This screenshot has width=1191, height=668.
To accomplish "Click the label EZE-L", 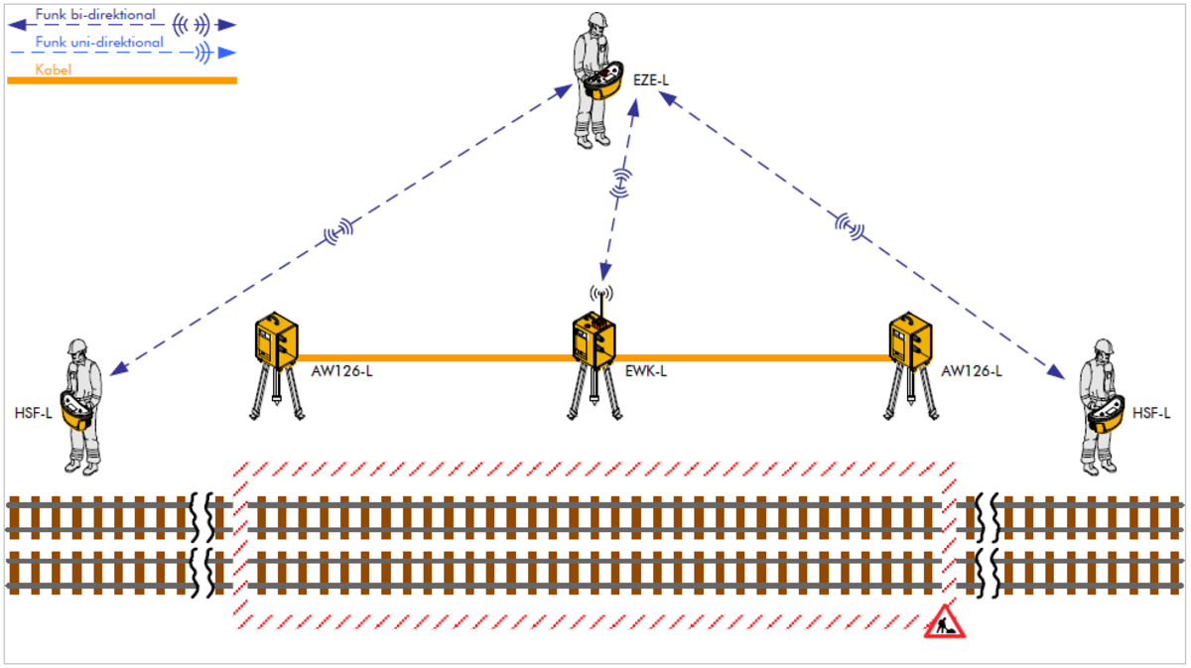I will tap(651, 78).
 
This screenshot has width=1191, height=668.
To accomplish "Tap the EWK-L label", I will tap(646, 371).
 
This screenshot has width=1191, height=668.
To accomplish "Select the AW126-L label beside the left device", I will tap(342, 371).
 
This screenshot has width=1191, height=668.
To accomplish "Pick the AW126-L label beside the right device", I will tap(972, 371).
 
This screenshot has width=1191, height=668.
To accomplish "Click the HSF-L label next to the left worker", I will tap(33, 413).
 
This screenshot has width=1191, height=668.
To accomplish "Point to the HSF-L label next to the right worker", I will tap(1152, 413).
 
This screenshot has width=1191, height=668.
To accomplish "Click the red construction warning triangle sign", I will tap(944, 624).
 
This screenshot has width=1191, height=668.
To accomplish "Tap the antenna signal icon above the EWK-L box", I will tap(600, 294).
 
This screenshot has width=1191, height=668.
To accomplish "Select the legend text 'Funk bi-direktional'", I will tap(95, 15).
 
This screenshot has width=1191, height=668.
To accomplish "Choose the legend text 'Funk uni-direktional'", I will tap(99, 43).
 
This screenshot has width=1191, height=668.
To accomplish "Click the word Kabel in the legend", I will tap(54, 69).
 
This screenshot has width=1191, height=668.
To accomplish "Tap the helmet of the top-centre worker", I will tap(596, 22).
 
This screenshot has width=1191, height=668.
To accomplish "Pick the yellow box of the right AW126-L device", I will tap(910, 339).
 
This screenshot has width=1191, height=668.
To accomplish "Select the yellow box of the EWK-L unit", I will tap(595, 339).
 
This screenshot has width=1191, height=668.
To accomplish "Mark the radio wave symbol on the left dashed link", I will tap(339, 232).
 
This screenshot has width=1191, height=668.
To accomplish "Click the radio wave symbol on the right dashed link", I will tap(850, 227).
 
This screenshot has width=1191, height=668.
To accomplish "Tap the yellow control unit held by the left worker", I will tap(77, 409).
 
